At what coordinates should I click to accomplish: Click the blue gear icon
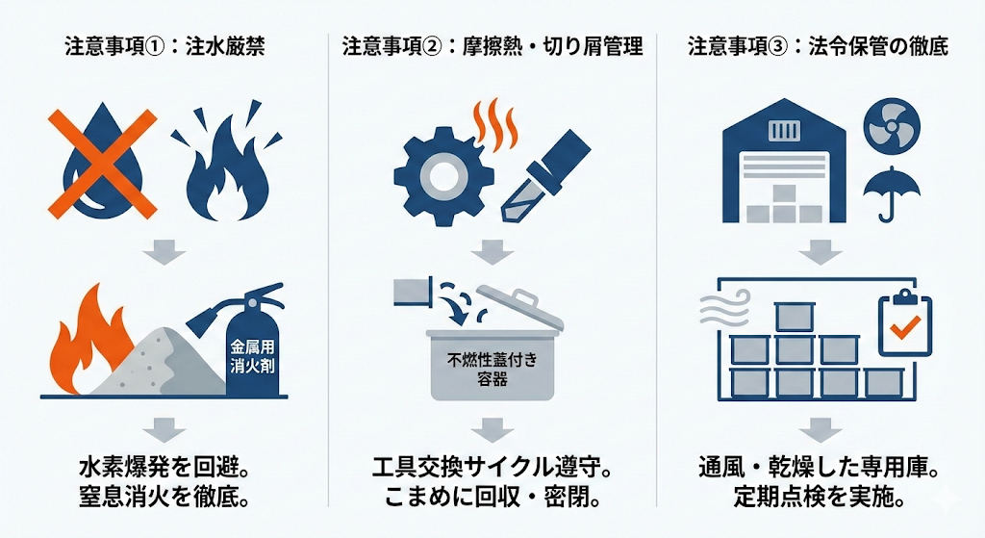[442, 173]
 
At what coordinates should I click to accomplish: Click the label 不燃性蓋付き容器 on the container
[492, 370]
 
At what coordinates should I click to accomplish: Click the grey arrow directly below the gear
[492, 253]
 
